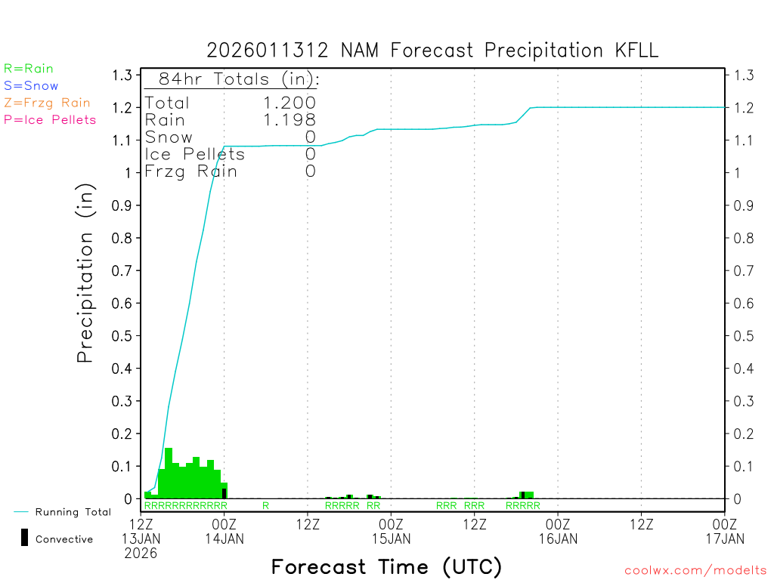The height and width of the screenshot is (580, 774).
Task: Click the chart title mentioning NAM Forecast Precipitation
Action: [x=432, y=51]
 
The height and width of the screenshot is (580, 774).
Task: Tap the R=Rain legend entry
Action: [x=29, y=69]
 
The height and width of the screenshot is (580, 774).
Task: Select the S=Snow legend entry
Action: [x=31, y=86]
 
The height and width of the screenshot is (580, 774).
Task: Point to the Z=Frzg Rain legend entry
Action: [x=47, y=103]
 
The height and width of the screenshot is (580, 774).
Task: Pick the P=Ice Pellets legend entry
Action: [x=50, y=119]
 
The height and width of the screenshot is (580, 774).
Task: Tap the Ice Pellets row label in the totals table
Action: [x=195, y=154]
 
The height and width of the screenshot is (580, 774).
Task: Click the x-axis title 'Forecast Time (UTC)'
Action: [x=386, y=566]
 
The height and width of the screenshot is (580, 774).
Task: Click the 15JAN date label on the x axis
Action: [x=392, y=538]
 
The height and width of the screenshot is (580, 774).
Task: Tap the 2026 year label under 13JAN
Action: [x=141, y=553]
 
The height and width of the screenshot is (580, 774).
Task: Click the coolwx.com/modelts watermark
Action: [x=695, y=571]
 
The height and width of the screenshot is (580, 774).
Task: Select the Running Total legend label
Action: [x=73, y=512]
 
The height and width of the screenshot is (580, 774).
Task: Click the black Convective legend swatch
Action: [x=25, y=538]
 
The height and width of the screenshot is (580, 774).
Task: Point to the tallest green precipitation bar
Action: [x=169, y=473]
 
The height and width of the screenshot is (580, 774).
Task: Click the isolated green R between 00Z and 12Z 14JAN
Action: [x=265, y=505]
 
